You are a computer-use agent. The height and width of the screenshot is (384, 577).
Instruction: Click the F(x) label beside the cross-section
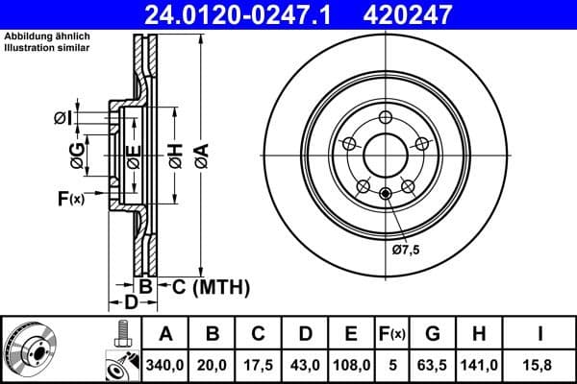pyautogui.click(x=71, y=199)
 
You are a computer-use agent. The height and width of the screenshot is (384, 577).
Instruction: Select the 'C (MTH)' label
pyautogui.click(x=210, y=286)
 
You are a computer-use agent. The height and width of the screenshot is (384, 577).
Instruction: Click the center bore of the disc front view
pyautogui.click(x=384, y=156)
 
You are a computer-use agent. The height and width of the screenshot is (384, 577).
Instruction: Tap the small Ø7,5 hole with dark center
pyautogui.click(x=386, y=195)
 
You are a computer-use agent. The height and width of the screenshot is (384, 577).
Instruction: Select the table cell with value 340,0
pyautogui.click(x=165, y=365)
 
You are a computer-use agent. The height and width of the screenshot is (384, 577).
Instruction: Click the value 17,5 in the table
pyautogui.click(x=259, y=365)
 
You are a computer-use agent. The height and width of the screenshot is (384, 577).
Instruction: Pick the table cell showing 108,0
pyautogui.click(x=351, y=365)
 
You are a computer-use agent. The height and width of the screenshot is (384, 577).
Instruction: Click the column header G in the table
pyautogui.click(x=433, y=334)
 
